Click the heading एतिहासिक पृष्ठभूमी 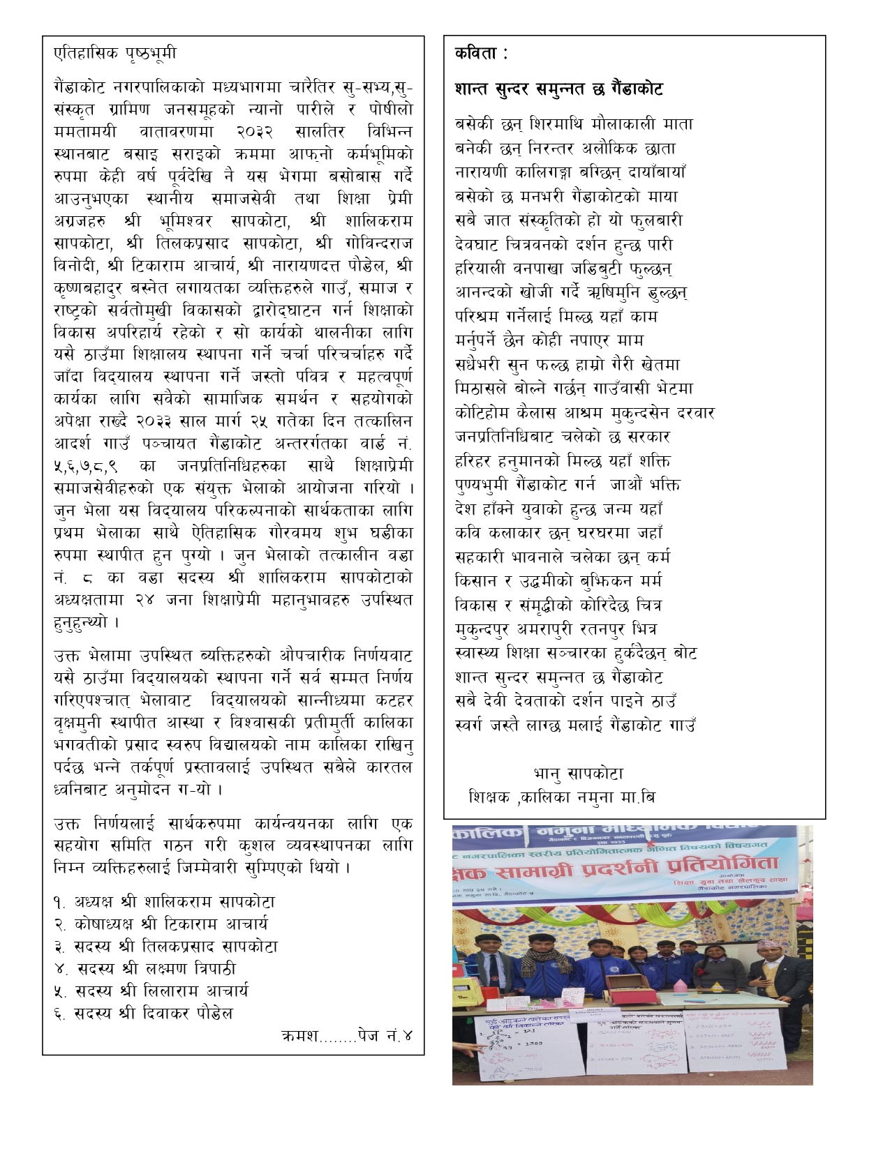(115, 53)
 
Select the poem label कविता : (481, 53)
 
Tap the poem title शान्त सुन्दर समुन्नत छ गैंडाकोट (558, 89)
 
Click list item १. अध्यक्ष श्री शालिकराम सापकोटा (165, 902)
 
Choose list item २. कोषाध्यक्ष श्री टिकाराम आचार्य (161, 924)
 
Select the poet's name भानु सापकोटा (578, 774)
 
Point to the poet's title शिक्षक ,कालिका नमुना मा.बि (562, 797)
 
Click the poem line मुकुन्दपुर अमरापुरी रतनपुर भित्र (556, 629)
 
